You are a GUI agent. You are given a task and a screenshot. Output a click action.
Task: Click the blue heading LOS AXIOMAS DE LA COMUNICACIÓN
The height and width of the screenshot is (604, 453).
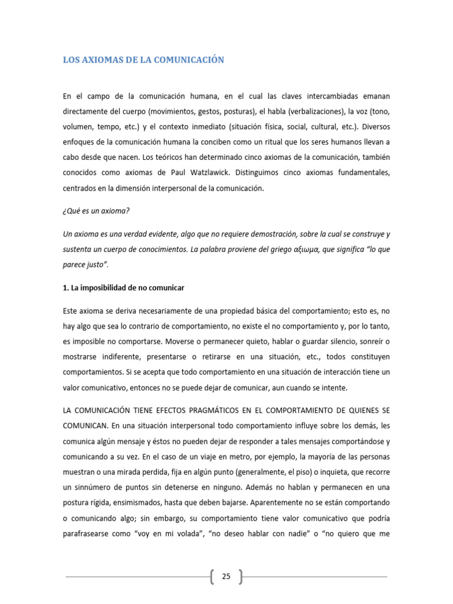pyautogui.click(x=144, y=60)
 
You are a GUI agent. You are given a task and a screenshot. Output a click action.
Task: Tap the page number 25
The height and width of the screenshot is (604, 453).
pyautogui.click(x=226, y=576)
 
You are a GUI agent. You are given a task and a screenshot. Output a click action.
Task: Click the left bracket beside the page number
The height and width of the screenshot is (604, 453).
pyautogui.click(x=212, y=576)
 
